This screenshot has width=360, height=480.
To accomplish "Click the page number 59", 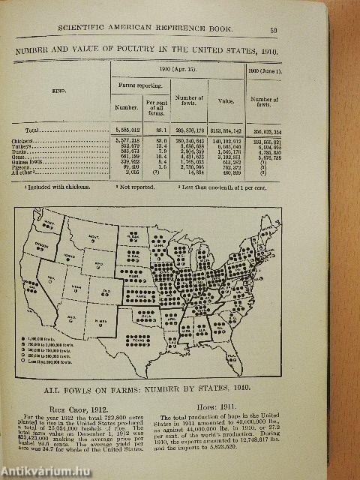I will (275, 31).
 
